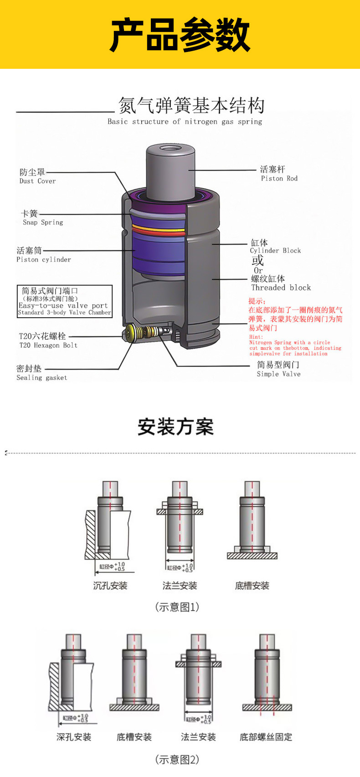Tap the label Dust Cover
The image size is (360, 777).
pos(37,181)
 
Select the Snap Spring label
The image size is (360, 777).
pos(43,222)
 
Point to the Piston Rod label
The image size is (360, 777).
pos(279,179)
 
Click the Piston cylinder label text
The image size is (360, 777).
pos(44,260)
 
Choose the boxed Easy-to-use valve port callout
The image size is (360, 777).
pos(64,301)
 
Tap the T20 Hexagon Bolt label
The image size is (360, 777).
pos(48,345)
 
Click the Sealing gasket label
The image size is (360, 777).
pos(41,378)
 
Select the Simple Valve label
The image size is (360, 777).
pos(278,374)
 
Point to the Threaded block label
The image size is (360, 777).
pos(281,288)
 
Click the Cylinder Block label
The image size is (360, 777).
pos(275,251)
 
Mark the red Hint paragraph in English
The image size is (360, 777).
pos(294,345)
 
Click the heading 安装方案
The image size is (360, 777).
pos(176,427)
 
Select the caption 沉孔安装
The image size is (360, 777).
pos(110,586)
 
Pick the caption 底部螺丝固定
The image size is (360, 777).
pos(266,737)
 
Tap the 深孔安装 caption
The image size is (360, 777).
pos(74,737)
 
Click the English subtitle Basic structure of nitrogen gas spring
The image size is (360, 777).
pos(185,122)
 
